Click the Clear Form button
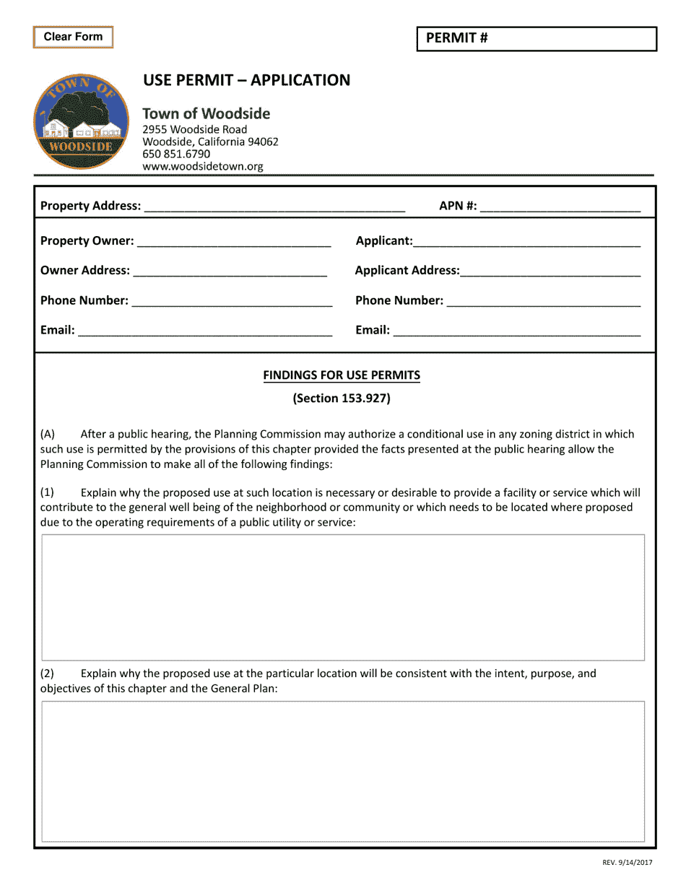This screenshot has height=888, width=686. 73,37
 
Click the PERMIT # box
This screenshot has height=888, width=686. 537,39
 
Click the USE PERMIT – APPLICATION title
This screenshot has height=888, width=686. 246,80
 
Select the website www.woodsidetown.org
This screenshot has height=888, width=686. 203,166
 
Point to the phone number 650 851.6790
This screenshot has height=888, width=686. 176,154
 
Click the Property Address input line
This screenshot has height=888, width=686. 274,206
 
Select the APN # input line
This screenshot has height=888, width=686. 560,206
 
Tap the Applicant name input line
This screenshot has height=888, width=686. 526,241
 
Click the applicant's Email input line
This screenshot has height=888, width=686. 516,331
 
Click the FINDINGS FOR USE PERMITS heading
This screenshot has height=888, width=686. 342,375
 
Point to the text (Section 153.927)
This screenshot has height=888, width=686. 342,399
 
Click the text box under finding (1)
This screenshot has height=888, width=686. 343,597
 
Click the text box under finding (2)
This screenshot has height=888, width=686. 343,771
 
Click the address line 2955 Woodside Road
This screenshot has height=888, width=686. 194,129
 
